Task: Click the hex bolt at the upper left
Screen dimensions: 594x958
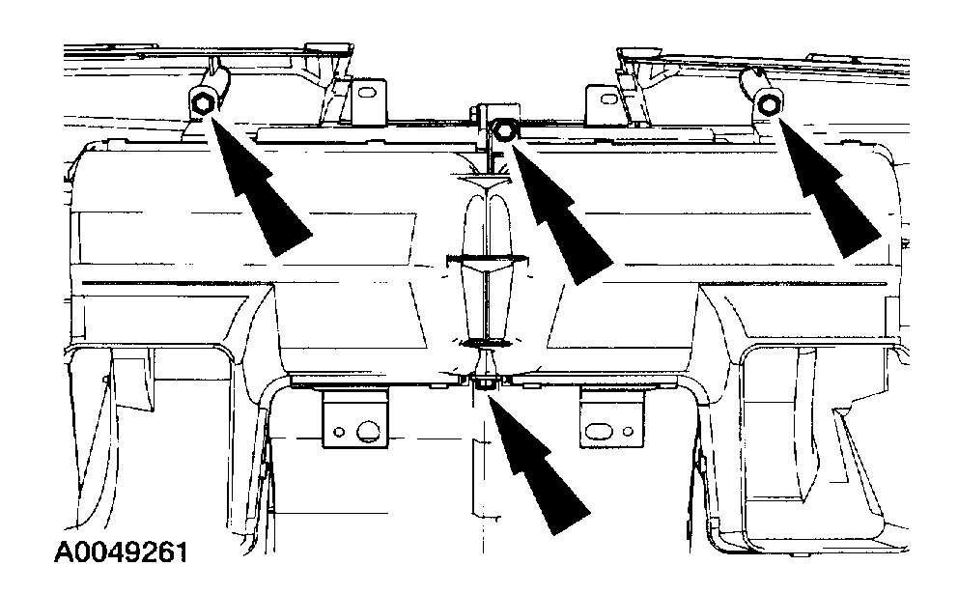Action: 203,102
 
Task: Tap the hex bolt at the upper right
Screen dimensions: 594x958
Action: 769,103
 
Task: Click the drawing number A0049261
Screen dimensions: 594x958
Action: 120,553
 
